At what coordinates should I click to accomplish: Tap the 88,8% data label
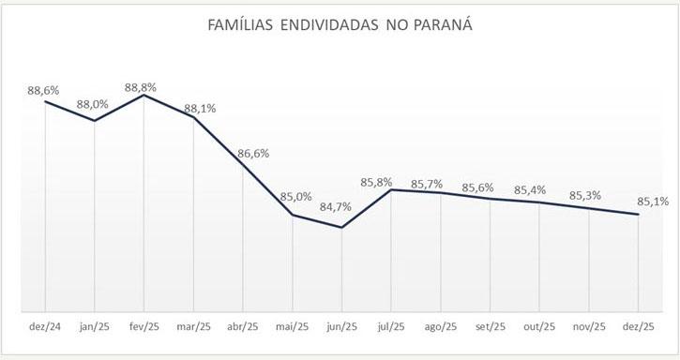point(141,87)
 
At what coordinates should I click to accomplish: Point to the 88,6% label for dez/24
point(43,91)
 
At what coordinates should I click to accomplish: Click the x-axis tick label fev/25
point(144,327)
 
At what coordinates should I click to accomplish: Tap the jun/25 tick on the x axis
point(341,327)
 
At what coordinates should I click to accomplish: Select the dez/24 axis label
point(44,327)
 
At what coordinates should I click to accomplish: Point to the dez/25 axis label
point(639,327)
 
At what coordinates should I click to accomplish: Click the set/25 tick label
point(491,327)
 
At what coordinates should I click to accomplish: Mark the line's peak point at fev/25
point(144,96)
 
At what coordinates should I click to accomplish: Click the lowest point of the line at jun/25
point(341,227)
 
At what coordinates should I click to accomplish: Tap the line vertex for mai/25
point(293,215)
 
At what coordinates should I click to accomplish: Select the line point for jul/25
point(391,189)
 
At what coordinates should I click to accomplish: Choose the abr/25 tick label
point(242,327)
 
